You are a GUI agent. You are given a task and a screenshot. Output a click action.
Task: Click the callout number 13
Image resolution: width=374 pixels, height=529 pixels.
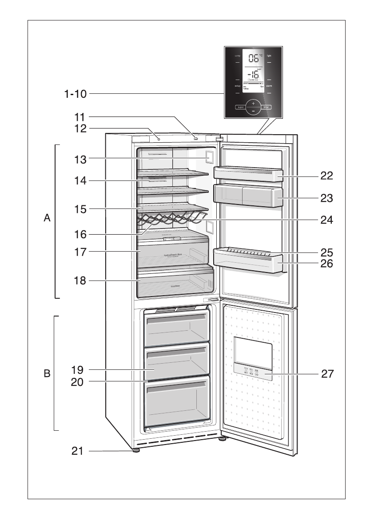pyautogui.click(x=80, y=158)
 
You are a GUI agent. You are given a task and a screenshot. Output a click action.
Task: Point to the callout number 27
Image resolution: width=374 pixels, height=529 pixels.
pyautogui.click(x=327, y=374)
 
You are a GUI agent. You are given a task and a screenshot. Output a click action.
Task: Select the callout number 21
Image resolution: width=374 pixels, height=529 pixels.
pyautogui.click(x=78, y=451)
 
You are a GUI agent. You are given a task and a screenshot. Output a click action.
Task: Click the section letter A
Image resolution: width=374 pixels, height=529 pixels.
pyautogui.click(x=48, y=219)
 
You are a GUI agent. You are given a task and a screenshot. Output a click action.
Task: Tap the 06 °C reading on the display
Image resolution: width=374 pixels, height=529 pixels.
pyautogui.click(x=253, y=58)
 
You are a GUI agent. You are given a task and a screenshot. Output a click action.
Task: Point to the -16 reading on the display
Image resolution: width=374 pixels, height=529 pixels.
pyautogui.click(x=253, y=74)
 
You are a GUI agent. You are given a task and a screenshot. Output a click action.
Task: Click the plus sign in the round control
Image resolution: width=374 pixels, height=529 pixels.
pyautogui.click(x=253, y=103)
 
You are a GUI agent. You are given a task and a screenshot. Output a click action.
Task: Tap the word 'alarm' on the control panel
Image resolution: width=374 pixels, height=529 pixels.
pyautogui.click(x=269, y=85)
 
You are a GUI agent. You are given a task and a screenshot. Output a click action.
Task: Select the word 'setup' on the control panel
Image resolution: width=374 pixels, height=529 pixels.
pyautogui.click(x=237, y=85)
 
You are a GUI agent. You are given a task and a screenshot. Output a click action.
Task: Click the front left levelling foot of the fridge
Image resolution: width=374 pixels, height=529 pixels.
pyautogui.click(x=135, y=450)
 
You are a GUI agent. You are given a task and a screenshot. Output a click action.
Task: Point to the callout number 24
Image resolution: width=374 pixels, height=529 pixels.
pyautogui.click(x=327, y=220)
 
